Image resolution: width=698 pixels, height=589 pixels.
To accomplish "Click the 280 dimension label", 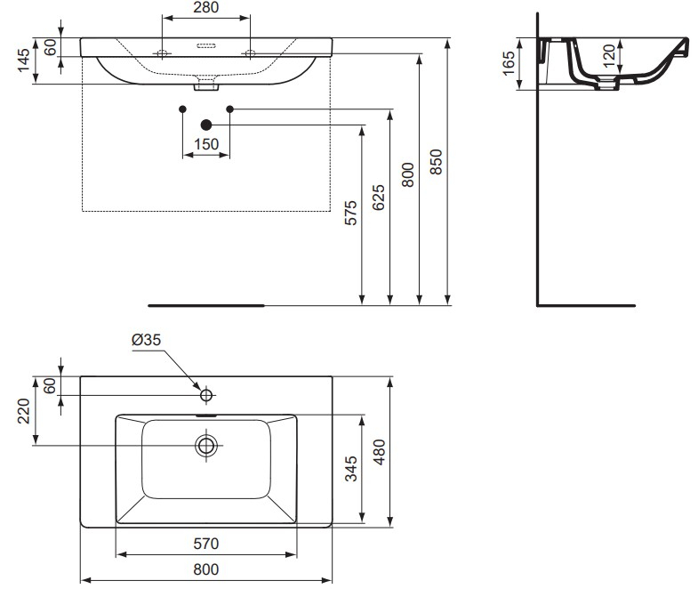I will click(205, 8).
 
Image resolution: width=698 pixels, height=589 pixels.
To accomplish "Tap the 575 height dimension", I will click(351, 214).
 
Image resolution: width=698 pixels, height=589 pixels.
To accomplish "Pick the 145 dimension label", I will click(24, 61).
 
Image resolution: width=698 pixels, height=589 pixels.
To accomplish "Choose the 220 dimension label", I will click(24, 412).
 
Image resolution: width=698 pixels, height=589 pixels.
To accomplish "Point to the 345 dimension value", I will click(350, 468).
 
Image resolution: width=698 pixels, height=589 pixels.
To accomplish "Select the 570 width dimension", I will click(206, 543).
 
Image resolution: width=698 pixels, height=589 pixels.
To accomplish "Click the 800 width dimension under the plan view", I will click(206, 569).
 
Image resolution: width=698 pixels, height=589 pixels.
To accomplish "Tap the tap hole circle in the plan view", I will click(206, 394).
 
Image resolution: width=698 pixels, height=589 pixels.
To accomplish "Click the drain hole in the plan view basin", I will click(206, 445).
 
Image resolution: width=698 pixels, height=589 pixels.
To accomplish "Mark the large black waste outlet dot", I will click(206, 125).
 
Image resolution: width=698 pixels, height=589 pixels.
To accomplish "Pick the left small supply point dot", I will click(182, 109).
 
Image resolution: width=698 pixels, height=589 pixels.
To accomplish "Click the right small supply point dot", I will click(230, 109).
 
